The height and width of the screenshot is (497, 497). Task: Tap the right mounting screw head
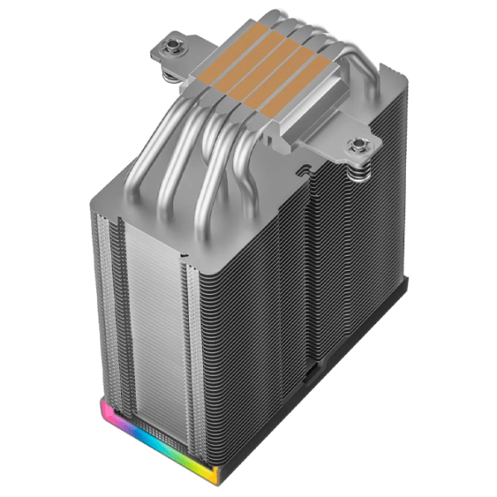coord(359,147)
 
